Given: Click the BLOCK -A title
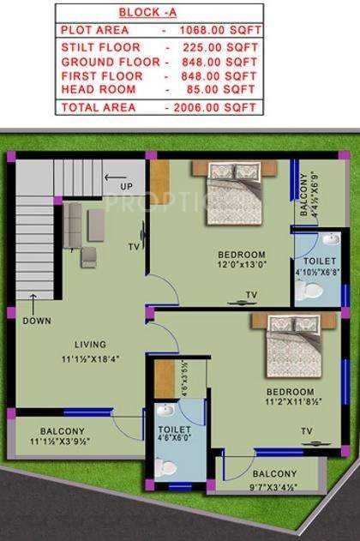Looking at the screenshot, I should [158, 13].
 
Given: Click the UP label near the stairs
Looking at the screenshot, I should [126, 187].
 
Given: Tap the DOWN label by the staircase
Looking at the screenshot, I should [36, 321].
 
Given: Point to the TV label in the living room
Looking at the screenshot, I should [133, 247].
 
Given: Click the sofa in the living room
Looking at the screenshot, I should [73, 225].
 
